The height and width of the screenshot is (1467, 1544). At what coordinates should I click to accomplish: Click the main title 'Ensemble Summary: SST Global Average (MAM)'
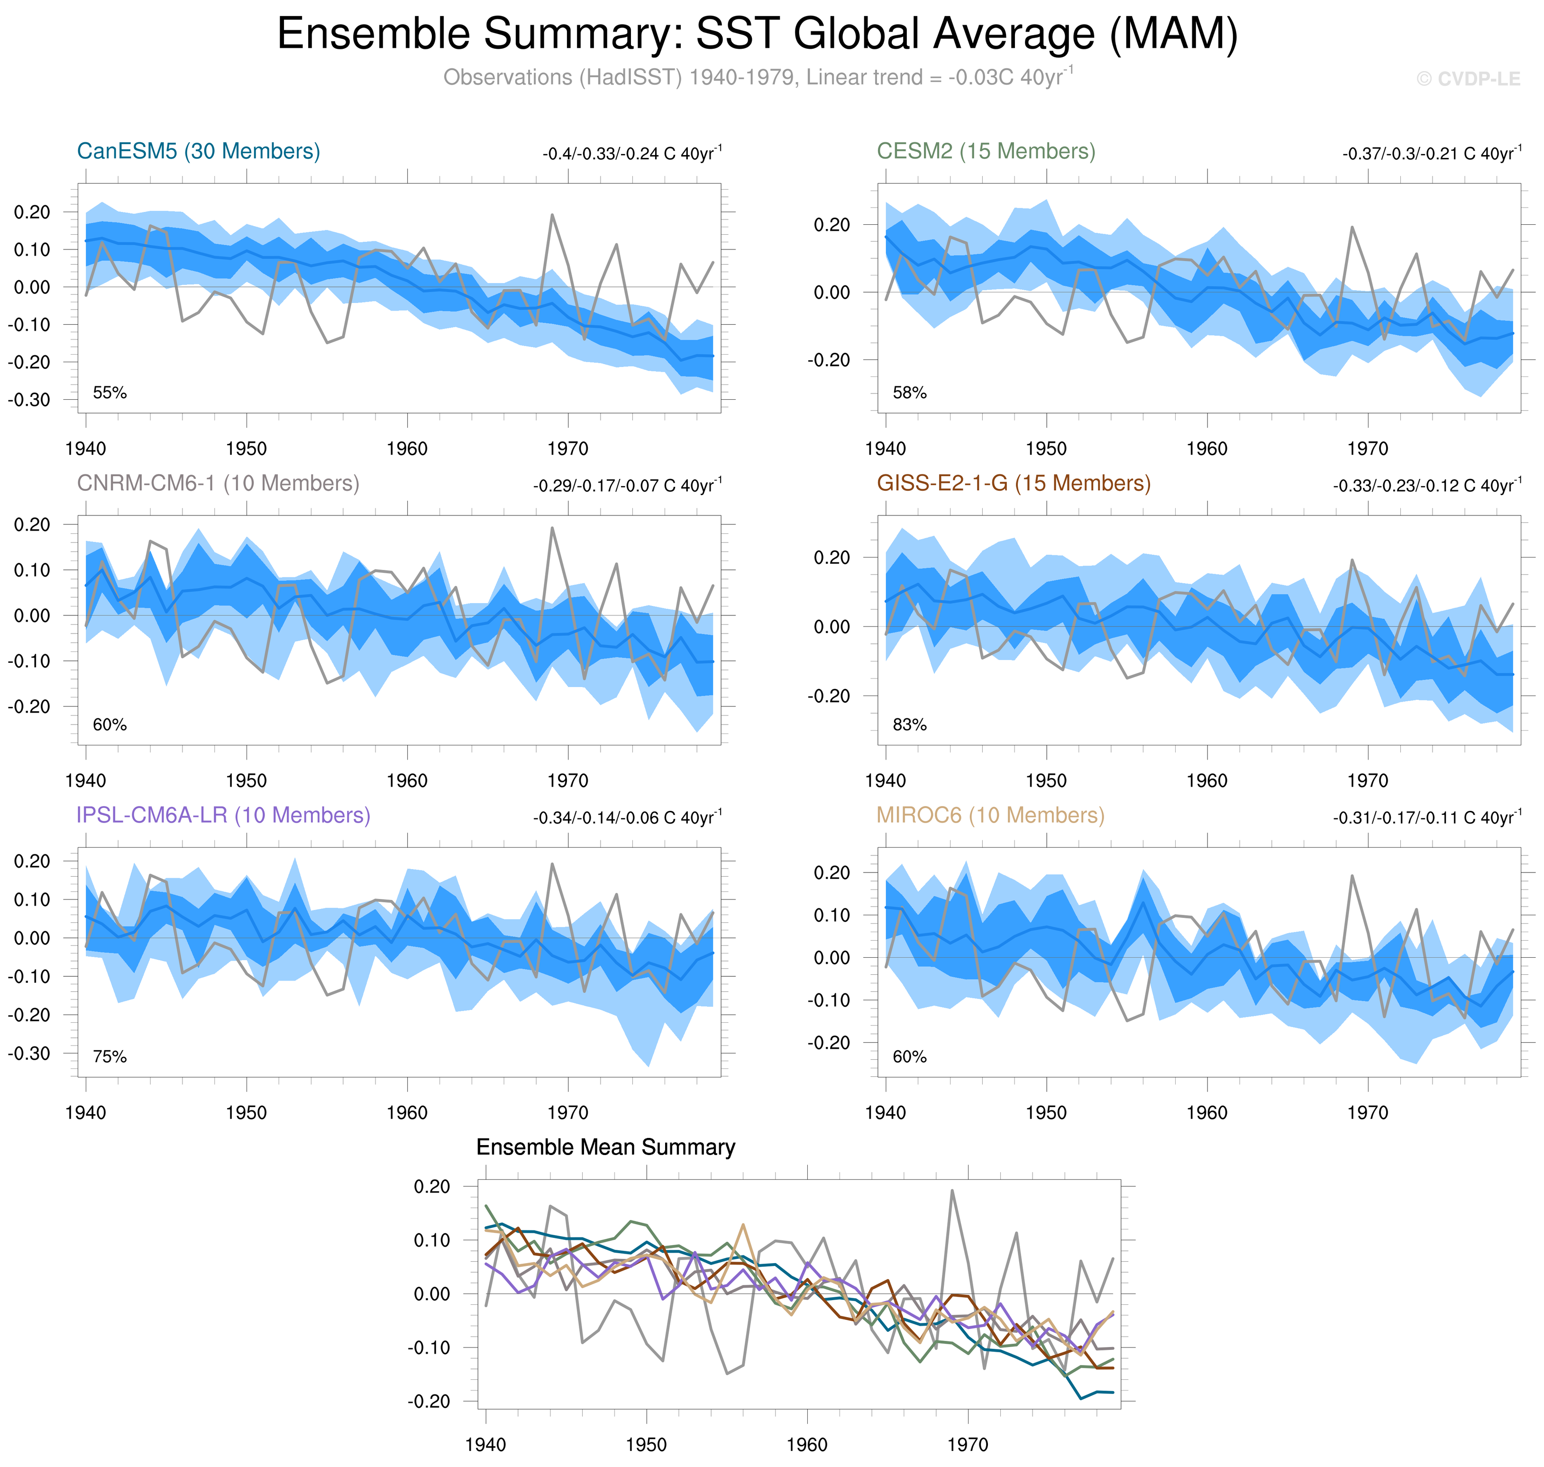(x=757, y=35)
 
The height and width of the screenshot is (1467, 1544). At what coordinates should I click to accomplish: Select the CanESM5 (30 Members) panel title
(x=199, y=151)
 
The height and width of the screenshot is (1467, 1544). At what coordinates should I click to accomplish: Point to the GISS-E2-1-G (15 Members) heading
(x=1013, y=483)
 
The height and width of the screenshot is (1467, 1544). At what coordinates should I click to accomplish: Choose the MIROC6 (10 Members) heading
(x=990, y=815)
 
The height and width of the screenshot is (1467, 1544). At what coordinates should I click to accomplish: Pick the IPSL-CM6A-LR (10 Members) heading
(x=223, y=815)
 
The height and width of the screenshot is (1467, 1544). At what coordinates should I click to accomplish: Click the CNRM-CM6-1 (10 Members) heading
(x=218, y=483)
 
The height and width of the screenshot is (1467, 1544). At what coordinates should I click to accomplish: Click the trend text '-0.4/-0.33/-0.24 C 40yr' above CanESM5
(x=631, y=153)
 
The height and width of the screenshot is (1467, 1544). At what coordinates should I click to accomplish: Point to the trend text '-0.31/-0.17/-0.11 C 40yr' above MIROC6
(x=1427, y=817)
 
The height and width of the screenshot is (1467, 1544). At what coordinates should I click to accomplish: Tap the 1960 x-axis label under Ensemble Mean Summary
(x=807, y=1444)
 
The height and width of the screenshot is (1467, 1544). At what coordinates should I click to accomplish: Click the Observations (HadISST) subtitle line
(x=757, y=77)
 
